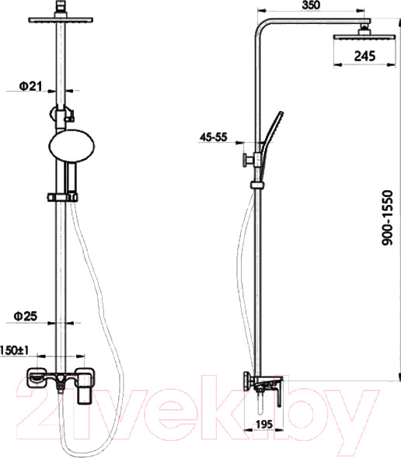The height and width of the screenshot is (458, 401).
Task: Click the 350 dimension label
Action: (x=311, y=5)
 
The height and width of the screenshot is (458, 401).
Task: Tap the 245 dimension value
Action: (x=364, y=56)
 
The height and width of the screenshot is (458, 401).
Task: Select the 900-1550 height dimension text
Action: (x=388, y=217)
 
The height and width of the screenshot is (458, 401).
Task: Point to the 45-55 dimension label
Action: (x=213, y=137)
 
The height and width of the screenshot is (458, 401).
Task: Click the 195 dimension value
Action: (x=263, y=424)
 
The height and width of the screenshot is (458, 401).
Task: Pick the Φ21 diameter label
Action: (x=31, y=86)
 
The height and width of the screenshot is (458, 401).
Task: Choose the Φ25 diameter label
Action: (x=26, y=316)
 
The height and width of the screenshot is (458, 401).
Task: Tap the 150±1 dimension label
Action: (x=14, y=351)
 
